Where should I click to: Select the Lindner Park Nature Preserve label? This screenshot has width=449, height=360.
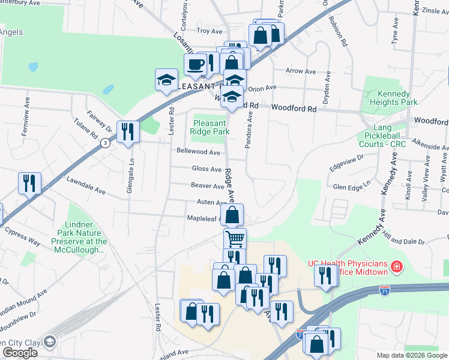tap(83, 238)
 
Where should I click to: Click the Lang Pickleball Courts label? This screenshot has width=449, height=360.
tap(382, 136)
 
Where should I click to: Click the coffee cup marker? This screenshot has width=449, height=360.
tap(195, 65)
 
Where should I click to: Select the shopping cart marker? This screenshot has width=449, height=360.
tap(235, 239)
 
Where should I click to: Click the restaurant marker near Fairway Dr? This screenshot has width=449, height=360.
tap(127, 131)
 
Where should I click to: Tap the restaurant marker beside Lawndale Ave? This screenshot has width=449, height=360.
tap(29, 182)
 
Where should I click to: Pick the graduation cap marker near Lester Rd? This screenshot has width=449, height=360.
tap(166, 80)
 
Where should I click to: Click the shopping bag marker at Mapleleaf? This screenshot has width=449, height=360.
tap(232, 214)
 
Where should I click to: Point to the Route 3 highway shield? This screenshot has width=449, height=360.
tap(106, 143)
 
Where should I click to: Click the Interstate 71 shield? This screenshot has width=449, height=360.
tap(385, 290)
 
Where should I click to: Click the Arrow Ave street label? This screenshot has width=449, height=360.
tap(301, 71)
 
